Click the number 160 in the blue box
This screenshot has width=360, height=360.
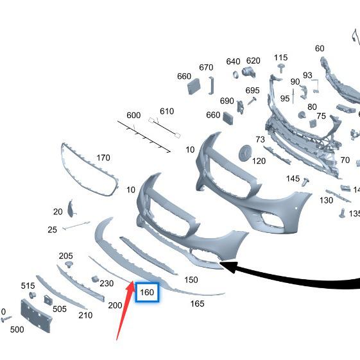click(147, 292)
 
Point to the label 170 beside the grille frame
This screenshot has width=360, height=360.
click(103, 158)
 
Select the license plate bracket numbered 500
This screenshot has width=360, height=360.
click(37, 316)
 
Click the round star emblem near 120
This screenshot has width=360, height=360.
click(245, 153)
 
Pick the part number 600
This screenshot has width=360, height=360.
click(133, 115)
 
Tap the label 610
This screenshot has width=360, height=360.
click(167, 112)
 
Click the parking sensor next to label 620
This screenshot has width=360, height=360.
click(248, 72)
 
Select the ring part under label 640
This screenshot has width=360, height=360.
click(236, 75)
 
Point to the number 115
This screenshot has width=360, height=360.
click(280, 57)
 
